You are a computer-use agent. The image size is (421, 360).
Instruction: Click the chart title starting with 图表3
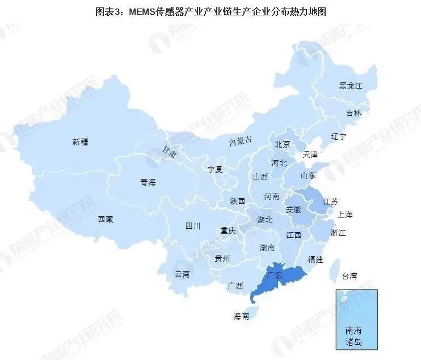(210, 11)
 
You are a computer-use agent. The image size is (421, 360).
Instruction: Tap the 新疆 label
(81, 142)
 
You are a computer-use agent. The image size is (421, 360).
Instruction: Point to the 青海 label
(148, 182)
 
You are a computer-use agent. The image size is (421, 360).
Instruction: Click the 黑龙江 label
(350, 86)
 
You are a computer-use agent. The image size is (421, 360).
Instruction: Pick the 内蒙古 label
(240, 141)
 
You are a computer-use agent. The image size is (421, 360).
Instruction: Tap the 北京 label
(282, 144)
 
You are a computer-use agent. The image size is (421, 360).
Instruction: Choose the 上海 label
(345, 215)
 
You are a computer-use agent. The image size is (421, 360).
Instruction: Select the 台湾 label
(350, 277)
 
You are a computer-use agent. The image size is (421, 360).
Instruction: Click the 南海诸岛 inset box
(356, 318)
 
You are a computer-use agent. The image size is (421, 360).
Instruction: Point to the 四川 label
(193, 226)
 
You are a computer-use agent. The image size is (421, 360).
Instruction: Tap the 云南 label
(182, 274)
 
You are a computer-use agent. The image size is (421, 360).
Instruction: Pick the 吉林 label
(353, 113)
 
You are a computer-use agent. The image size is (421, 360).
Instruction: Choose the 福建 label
(315, 259)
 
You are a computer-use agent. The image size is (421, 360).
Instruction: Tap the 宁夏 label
(216, 169)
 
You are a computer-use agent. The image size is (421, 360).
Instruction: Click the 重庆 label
(228, 231)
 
